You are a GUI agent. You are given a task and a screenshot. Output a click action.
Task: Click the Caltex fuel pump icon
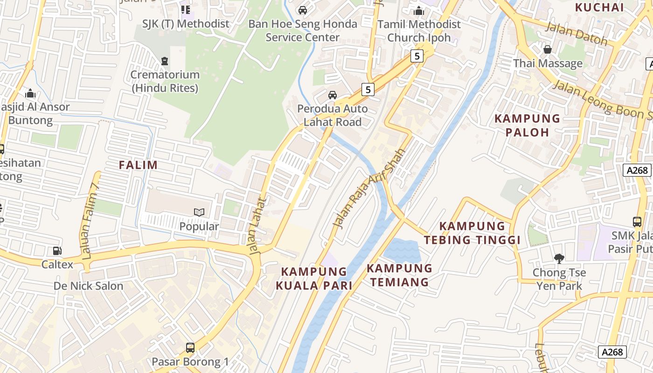pos(57,251)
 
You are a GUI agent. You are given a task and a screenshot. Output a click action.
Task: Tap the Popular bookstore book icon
pos(199,213)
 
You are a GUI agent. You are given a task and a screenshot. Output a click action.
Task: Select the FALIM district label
pos(138,165)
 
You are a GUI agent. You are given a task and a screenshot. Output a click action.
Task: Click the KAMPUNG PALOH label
pos(527,125)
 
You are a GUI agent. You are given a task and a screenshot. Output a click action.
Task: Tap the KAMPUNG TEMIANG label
pos(399,275)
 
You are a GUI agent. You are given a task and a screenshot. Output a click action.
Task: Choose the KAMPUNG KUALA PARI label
pos(314,278)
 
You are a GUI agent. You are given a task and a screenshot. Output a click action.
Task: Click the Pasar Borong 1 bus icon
pos(190,347)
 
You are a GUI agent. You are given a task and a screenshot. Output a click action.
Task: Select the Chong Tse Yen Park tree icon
pos(558,258)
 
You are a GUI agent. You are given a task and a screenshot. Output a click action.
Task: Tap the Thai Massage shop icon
pos(548,49)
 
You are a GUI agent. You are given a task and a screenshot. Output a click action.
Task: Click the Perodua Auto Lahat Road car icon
pos(333,95)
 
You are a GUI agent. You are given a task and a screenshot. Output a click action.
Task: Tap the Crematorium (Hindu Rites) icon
pos(164,61)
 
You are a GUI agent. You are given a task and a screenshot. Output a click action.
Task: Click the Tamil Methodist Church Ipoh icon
pos(419,10)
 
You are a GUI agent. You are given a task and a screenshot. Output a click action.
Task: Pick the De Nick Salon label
pos(88,286)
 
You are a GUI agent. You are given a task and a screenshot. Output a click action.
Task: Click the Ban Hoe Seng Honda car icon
pos(303,10)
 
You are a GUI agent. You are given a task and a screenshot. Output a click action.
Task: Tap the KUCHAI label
pos(599,7)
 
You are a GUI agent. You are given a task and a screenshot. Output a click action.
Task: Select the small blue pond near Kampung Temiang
pos(402,251)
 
